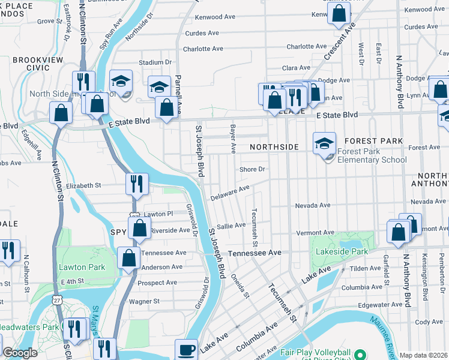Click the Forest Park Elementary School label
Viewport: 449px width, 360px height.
(372, 155)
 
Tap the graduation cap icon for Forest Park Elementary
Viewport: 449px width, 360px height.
(324, 143)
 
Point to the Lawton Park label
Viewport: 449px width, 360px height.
(82, 267)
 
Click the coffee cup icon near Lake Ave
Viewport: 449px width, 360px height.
(186, 350)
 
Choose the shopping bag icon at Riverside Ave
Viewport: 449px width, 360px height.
(139, 229)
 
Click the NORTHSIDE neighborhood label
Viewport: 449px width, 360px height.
(274, 147)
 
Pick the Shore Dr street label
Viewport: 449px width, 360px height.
(252, 169)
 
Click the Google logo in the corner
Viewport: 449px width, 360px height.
(20, 353)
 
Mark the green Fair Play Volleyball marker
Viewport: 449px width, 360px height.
(360, 352)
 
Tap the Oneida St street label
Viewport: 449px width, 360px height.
(240, 286)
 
